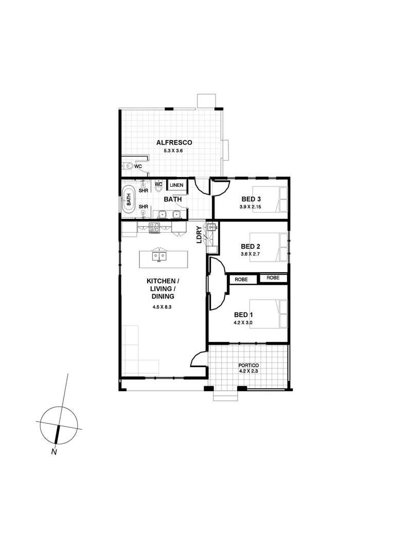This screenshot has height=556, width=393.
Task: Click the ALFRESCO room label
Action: (174, 142)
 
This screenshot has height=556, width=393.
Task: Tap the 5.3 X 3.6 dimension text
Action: (173, 151)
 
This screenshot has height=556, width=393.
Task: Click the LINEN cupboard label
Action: (176, 185)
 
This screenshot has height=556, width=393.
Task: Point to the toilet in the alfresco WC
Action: (128, 166)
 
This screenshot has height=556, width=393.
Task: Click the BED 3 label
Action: (251, 199)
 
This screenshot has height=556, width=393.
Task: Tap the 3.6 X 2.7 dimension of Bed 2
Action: (251, 254)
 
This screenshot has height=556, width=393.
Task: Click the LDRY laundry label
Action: (200, 235)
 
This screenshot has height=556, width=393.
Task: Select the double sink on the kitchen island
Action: (159, 255)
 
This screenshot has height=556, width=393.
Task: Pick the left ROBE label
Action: (242, 279)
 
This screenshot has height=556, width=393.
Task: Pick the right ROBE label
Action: (273, 277)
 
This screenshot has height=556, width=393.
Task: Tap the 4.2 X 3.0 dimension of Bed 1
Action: (243, 323)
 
